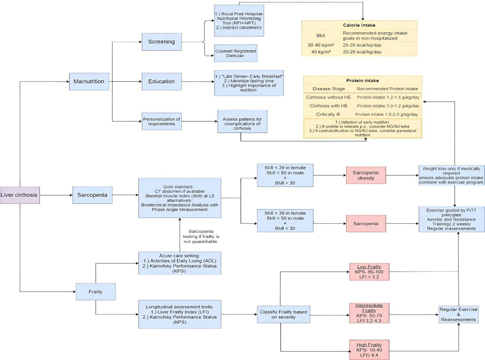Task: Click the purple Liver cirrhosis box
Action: point(20,195)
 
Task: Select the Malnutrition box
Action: point(89,82)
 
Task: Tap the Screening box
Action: point(161,42)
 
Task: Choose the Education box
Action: point(161,82)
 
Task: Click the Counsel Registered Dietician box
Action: point(235,53)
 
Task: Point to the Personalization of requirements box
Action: point(161,121)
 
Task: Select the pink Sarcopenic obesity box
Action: point(366,175)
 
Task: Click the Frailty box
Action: point(96,292)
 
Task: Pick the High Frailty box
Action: point(369,350)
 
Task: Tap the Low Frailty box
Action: point(369,272)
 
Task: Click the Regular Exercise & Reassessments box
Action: point(458,314)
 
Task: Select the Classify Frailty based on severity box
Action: point(283,314)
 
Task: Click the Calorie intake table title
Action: point(359,25)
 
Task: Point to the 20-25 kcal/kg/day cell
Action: point(362,52)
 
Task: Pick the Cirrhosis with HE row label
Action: point(328,106)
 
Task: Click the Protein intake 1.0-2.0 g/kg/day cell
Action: point(386,114)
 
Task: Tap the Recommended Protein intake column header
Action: point(387,89)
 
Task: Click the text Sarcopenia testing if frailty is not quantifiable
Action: point(201,236)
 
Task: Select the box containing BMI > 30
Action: point(285,175)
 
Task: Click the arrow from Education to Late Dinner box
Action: point(198,82)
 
